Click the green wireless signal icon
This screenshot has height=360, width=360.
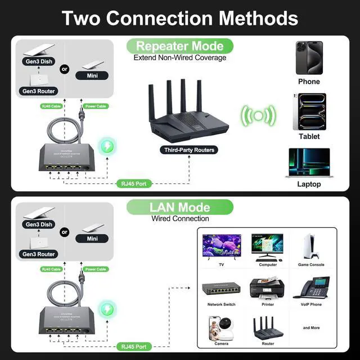(x=258, y=116)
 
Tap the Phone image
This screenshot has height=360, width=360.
(x=309, y=57)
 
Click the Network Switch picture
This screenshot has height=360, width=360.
(x=222, y=289)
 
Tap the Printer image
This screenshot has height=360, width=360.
(x=267, y=289)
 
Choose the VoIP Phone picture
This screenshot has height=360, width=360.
(x=311, y=289)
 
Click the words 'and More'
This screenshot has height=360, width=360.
(x=311, y=328)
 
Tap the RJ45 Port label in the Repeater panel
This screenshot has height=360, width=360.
(x=135, y=183)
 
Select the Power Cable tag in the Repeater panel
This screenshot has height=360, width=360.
(x=95, y=106)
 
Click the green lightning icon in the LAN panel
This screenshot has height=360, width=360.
(x=106, y=309)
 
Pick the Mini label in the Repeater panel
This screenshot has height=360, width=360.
(x=94, y=75)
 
